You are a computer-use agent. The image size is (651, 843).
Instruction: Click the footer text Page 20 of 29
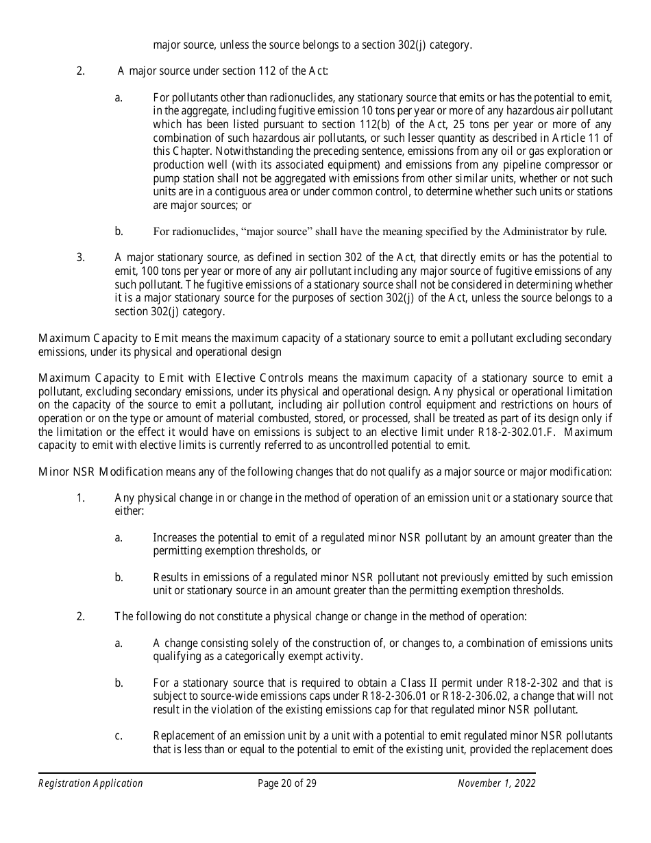tap(287, 783)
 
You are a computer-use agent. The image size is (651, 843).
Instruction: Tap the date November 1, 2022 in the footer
tap(496, 783)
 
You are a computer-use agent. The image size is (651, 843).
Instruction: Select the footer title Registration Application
tap(90, 783)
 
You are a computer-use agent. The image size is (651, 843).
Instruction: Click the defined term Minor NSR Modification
tap(101, 472)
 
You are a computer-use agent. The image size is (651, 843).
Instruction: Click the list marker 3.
tap(80, 258)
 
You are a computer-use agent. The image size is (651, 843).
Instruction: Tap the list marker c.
tap(119, 736)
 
